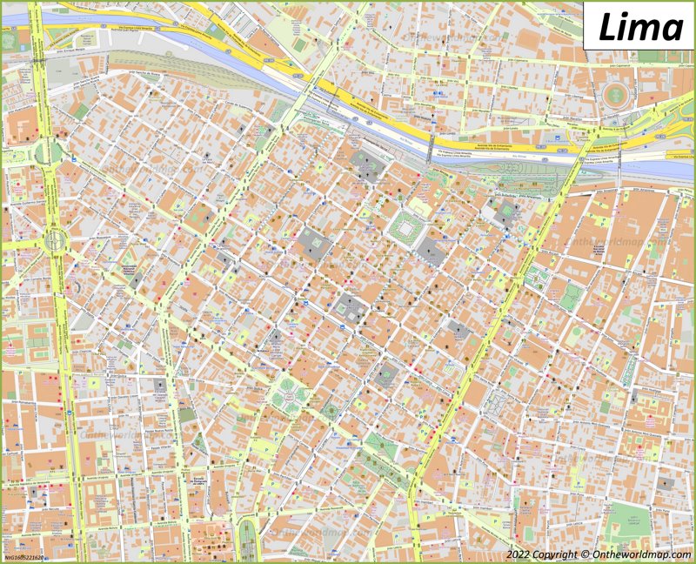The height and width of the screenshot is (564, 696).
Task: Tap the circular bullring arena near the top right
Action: click(619, 96)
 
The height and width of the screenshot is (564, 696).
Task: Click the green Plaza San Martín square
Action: click(289, 396)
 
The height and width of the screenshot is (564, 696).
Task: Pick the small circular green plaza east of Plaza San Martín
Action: click(331, 409)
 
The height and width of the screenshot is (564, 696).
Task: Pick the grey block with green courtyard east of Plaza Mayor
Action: click(504, 213)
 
